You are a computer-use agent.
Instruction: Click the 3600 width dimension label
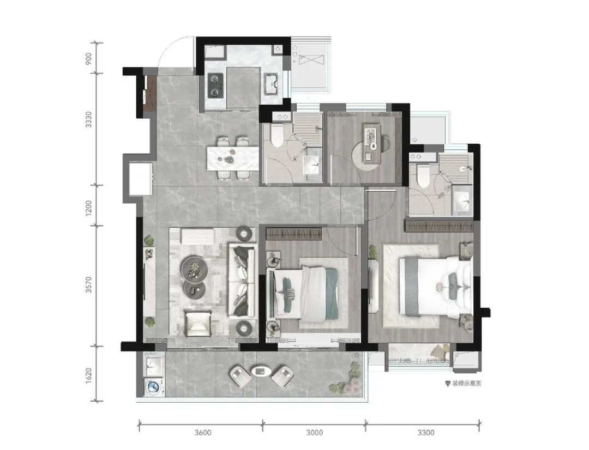203,433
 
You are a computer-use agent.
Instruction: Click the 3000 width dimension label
315,433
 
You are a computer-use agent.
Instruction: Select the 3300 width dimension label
425,433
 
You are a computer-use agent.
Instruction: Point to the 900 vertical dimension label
89,58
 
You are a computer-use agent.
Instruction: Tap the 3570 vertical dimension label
89,285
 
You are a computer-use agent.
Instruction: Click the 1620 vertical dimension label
89,375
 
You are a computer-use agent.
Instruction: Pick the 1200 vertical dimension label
89,207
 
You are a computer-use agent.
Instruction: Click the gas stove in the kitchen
215,85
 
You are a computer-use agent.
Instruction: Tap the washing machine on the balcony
154,387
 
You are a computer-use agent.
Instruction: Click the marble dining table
233,158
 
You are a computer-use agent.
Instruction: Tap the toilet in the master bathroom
423,176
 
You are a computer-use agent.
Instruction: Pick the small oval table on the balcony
261,372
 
